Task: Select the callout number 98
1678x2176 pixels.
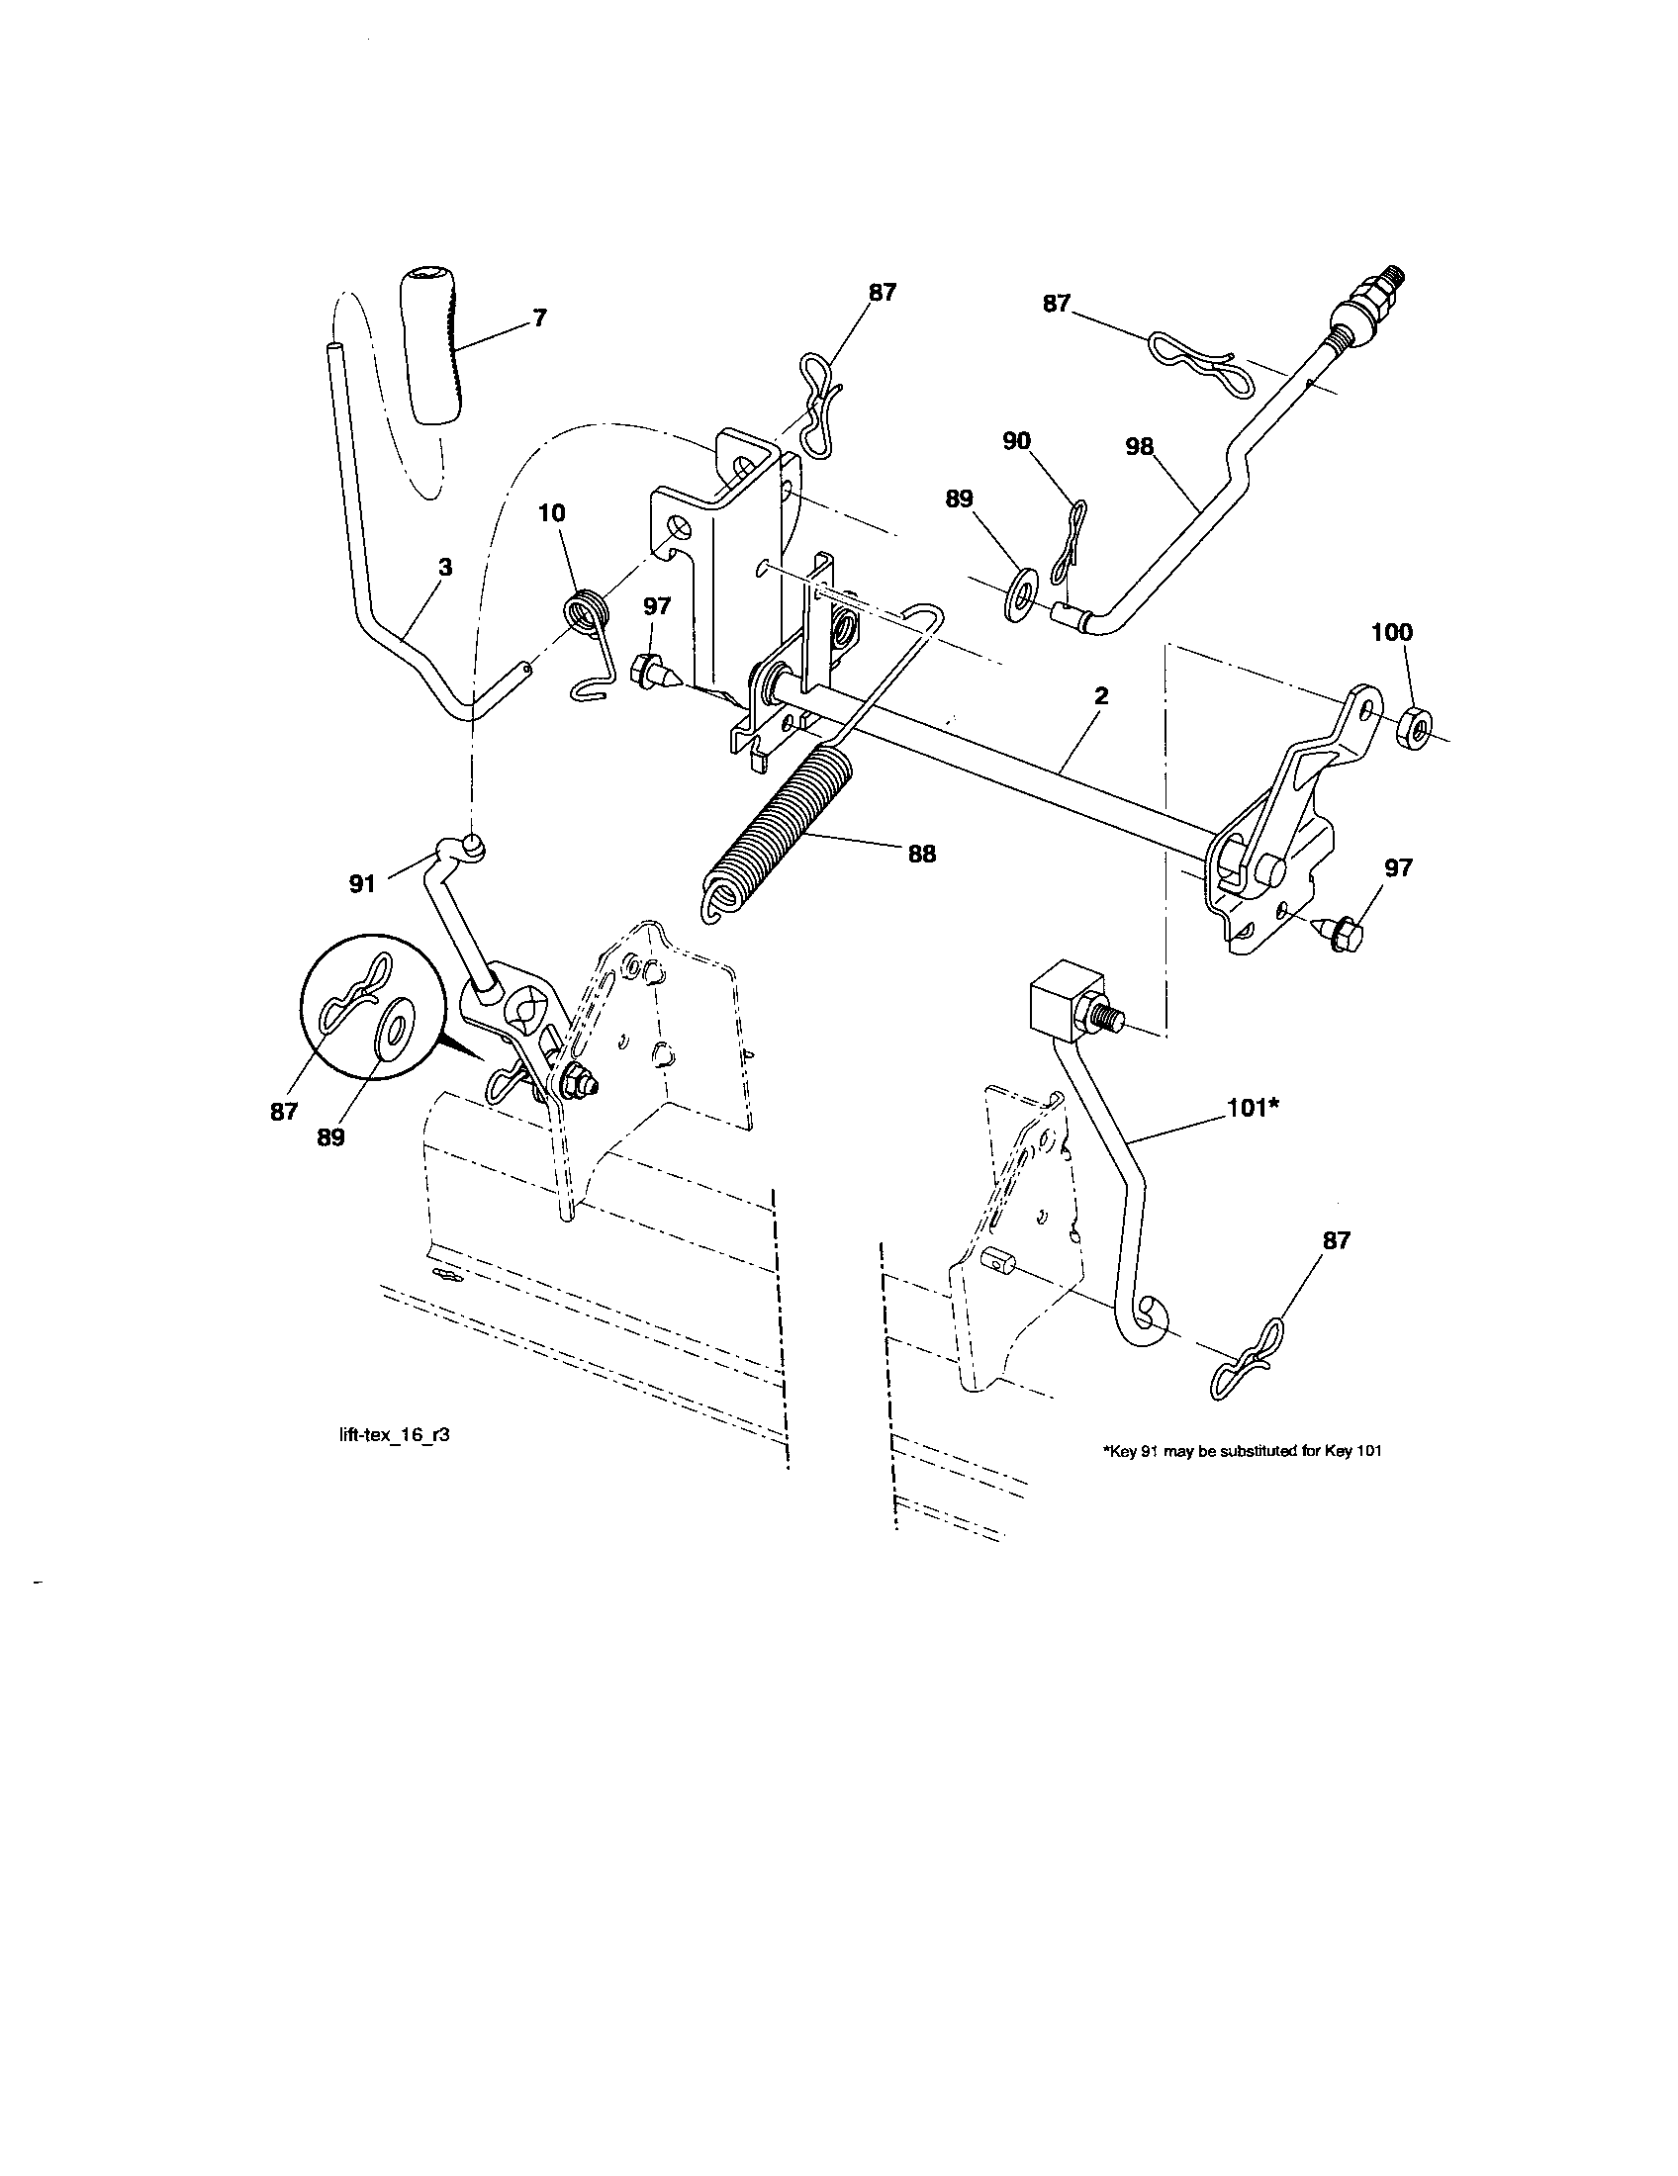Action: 1139,447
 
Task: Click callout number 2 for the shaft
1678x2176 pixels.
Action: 1100,696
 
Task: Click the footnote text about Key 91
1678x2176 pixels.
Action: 1241,1452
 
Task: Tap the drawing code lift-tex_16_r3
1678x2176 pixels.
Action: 389,1436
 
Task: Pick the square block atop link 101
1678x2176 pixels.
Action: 1064,999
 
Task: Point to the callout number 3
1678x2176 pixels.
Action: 445,568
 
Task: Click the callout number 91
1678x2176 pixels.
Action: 362,882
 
